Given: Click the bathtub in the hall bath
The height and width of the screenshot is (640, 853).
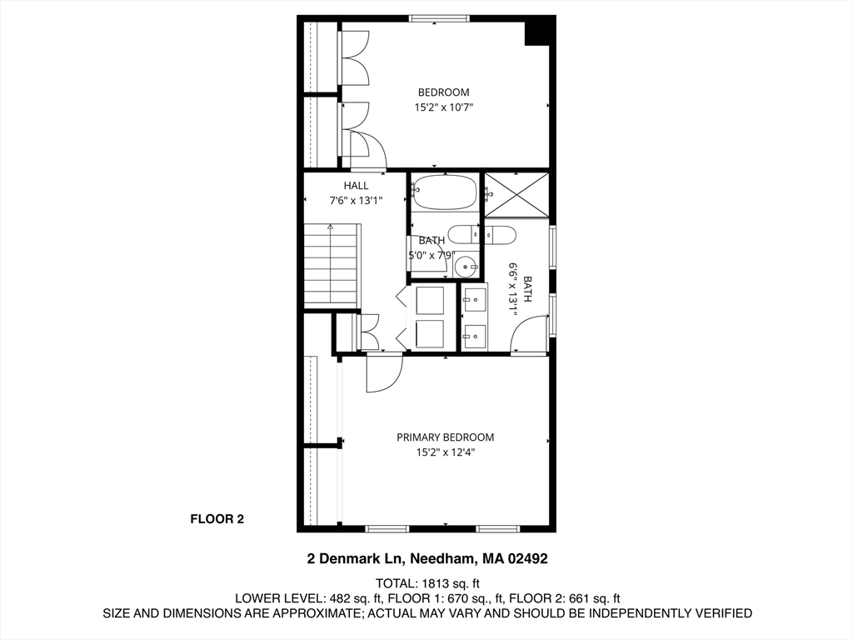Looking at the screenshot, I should pos(445,193).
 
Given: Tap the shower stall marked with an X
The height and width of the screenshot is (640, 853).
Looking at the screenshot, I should pos(516,195).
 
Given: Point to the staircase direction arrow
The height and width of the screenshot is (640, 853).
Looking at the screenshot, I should pos(331,227).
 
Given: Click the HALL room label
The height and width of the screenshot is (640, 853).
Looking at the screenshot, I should pos(356,185).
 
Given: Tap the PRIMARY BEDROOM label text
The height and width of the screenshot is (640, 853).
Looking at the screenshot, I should pos(445,437).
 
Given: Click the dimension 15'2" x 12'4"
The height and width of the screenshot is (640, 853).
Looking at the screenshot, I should pos(445,452).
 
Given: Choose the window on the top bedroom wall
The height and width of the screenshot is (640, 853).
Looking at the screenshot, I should pos(439,18).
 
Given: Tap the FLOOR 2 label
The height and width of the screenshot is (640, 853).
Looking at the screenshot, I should pos(217,519).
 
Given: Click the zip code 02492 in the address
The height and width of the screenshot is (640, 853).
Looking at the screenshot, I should pos(525,558).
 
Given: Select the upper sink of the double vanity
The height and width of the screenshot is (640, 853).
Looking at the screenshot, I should pos(475,299).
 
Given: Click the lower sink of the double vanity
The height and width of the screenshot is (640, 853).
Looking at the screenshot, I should pos(475,335).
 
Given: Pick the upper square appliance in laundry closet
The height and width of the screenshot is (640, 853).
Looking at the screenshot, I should pos(430,299).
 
